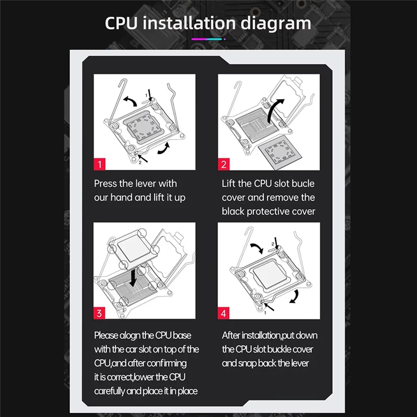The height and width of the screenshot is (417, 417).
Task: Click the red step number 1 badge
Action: (x=100, y=164)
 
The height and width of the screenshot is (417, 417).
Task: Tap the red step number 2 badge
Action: (x=224, y=164)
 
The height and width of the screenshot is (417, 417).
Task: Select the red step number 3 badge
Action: (x=99, y=313)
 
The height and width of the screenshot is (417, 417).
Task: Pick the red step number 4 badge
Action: (x=224, y=313)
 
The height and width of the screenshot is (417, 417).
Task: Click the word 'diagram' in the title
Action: (x=276, y=24)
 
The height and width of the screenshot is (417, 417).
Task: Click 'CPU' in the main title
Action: (x=121, y=23)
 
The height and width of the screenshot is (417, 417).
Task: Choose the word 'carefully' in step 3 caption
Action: (x=109, y=391)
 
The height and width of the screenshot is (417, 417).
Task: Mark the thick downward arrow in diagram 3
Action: (x=134, y=277)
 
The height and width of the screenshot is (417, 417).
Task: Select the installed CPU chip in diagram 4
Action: (x=269, y=274)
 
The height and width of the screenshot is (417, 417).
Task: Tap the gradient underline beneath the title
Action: (x=208, y=39)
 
